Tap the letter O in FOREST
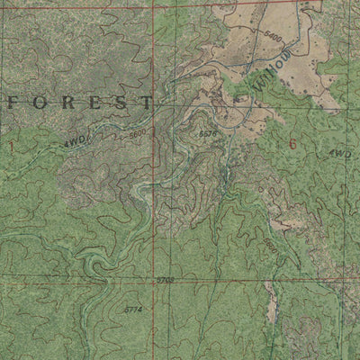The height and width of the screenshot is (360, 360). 38,102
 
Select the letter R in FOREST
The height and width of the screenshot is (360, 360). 63,102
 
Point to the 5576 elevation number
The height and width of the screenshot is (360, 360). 207,133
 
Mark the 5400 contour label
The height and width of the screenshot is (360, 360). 274,40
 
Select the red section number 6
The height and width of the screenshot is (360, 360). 292,142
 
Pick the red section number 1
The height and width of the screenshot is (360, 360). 11,144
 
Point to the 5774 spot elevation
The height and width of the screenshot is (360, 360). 133,310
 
